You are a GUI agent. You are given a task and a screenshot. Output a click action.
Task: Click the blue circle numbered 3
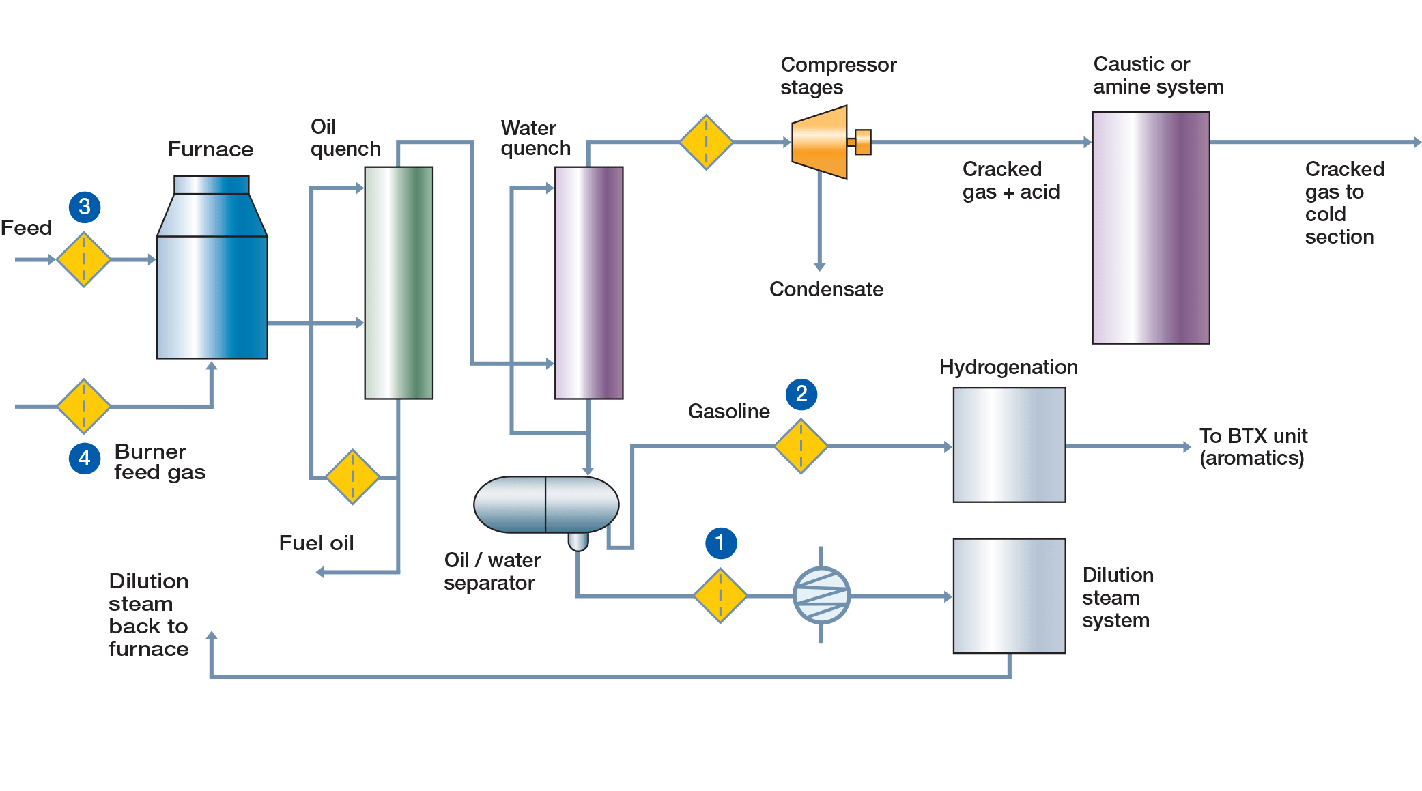pos(85,207)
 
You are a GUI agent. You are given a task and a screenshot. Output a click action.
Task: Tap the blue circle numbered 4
pos(85,458)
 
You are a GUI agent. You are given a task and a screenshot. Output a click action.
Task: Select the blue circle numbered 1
pos(720,543)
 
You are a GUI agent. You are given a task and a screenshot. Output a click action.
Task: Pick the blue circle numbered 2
pos(801,394)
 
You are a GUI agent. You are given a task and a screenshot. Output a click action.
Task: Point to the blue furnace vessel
pos(212,280)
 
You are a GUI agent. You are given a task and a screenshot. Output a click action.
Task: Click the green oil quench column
pos(399,283)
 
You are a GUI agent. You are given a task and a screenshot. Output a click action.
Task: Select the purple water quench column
pos(588,283)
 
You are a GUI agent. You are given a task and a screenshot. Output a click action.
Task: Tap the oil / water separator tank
pos(546,505)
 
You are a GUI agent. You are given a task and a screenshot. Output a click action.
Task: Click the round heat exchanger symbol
pos(821,596)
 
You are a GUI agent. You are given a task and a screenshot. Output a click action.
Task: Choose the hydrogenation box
pos(1009,445)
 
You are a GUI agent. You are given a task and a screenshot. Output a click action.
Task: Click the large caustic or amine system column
pos(1151,228)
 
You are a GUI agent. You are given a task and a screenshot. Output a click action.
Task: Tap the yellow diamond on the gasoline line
pos(801,446)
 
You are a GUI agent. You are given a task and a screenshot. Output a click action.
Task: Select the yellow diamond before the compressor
pos(706,142)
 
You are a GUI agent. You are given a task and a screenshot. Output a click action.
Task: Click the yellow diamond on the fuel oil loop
pos(352,477)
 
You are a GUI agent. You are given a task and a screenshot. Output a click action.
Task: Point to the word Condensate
pos(826,289)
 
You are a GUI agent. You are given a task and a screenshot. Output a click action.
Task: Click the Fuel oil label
pos(316,543)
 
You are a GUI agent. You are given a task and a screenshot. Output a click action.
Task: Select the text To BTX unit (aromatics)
pos(1253,446)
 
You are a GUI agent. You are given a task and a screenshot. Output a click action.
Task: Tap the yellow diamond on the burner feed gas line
pos(83,406)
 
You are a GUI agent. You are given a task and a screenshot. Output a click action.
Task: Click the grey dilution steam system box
pos(1009,596)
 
